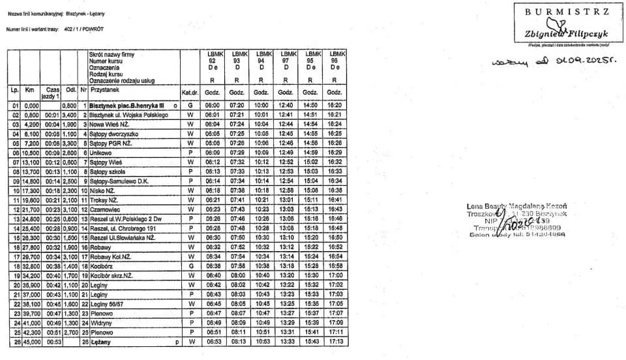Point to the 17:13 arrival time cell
[x=335, y=341]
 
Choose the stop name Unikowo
[x=102, y=152]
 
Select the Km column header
[x=29, y=89]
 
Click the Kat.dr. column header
[x=190, y=93]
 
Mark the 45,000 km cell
[x=31, y=341]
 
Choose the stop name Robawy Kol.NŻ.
[x=110, y=256]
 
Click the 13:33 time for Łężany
[x=286, y=341]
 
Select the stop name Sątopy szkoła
[x=108, y=171]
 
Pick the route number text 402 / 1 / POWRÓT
[x=84, y=29]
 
